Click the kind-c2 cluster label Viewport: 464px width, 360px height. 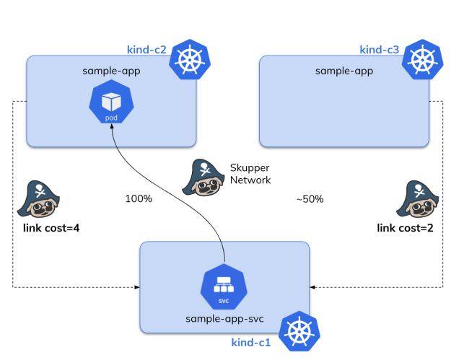tap(146, 51)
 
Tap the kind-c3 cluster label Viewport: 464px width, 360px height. tap(379, 50)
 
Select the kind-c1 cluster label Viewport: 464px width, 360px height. tap(250, 342)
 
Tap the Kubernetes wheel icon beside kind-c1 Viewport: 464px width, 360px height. tap(298, 333)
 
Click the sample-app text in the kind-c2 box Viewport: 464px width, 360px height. tap(111, 71)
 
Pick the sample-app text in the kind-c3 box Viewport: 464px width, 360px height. tap(344, 71)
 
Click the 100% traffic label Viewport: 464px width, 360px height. tap(139, 198)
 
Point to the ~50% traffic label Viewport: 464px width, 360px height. tap(310, 198)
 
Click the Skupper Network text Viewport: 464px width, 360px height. tap(249, 173)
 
